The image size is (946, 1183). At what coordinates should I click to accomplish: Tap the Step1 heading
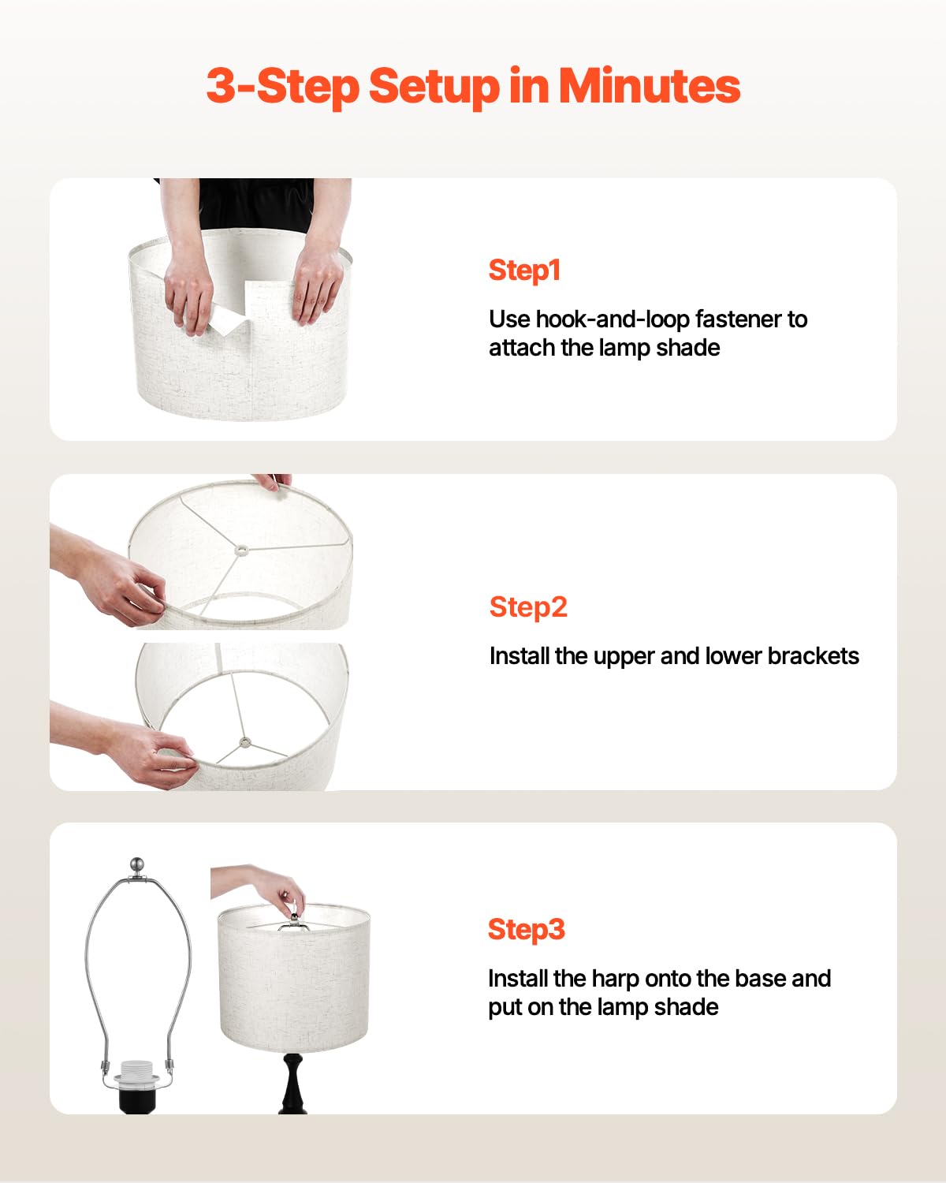pos(524,271)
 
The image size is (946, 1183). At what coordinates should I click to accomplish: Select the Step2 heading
pos(528,607)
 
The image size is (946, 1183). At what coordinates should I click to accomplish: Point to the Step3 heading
pos(527,929)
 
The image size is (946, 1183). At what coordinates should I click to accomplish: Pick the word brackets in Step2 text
pos(813,656)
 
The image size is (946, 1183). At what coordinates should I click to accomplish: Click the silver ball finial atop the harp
pos(138,864)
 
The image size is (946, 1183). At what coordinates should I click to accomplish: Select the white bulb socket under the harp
pos(135,1073)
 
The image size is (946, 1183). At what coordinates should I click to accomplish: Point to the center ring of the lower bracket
pos(245,742)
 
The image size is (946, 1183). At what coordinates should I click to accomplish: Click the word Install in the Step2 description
pos(520,656)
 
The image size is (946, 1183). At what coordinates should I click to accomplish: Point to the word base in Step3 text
pos(761,979)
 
